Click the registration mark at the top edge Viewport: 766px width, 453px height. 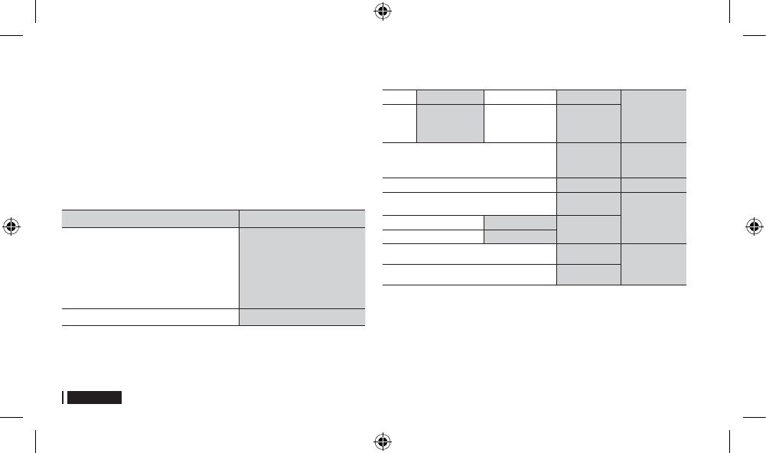coord(383,11)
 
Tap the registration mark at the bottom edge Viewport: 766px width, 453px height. coord(383,441)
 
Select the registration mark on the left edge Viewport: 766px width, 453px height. coord(11,226)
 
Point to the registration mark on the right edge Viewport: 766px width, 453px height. coord(754,226)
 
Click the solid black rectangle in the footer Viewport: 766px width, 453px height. coord(94,398)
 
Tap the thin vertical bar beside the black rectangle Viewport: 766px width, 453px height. coord(64,398)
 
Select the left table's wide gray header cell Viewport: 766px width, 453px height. coord(150,217)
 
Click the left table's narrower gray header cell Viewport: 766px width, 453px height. coord(302,217)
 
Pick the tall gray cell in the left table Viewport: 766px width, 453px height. coord(302,267)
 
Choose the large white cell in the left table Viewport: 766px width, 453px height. coord(150,267)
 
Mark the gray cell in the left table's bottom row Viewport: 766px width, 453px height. coord(302,317)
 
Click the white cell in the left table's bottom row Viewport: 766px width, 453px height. coord(150,317)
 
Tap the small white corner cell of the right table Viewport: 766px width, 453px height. coord(399,96)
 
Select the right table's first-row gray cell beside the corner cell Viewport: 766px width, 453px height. coord(450,96)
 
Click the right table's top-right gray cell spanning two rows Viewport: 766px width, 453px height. coord(653,116)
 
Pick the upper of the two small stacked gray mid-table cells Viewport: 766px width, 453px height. coord(520,222)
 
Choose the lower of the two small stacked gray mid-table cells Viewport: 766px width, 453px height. coord(520,236)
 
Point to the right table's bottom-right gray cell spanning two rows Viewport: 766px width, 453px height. coord(653,265)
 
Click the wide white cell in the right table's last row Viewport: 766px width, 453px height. coord(468,275)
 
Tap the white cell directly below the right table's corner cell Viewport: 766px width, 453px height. coord(399,123)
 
